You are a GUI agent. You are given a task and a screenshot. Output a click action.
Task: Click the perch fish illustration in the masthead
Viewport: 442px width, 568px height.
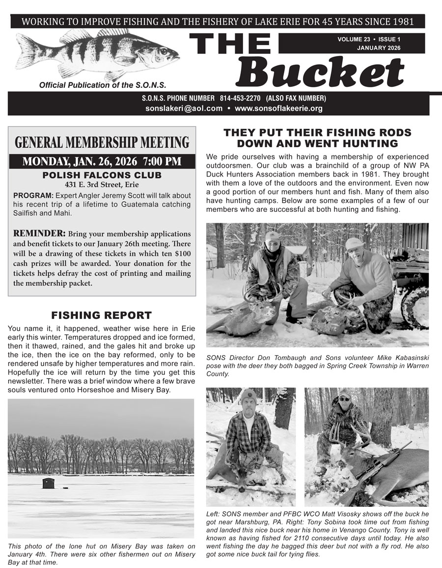[96, 54]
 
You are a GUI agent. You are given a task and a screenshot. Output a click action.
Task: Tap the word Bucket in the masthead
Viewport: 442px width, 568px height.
[322, 72]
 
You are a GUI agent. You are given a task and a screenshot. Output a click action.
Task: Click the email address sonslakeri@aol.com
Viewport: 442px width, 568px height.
[184, 108]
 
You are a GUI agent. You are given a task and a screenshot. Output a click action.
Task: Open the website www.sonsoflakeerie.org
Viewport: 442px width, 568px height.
[278, 108]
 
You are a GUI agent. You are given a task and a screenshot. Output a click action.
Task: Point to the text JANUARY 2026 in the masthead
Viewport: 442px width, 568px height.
[378, 48]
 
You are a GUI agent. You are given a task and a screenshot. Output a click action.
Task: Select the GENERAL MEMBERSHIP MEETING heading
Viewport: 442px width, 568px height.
[102, 143]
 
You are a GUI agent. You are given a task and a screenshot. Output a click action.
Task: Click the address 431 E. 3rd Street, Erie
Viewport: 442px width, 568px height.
[102, 185]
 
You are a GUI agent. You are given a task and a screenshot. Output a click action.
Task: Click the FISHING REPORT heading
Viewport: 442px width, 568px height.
[102, 315]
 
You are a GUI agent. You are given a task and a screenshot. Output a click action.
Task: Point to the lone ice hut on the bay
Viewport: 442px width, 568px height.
[49, 483]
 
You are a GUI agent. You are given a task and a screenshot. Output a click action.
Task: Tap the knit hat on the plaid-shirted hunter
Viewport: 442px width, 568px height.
[249, 395]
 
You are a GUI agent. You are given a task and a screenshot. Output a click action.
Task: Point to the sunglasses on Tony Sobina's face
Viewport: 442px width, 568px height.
[344, 399]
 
